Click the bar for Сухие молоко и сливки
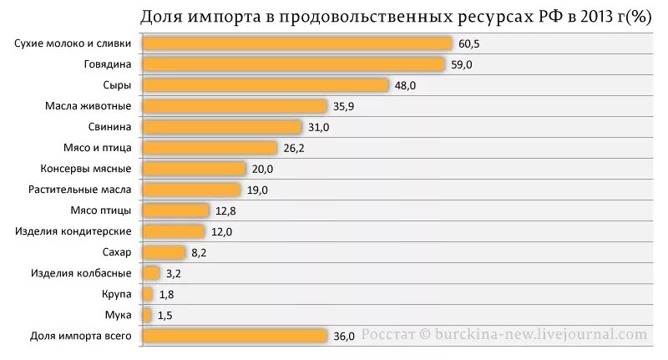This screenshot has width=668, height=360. click(296, 43)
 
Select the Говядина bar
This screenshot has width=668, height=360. click(293, 64)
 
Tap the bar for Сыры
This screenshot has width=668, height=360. click(266, 85)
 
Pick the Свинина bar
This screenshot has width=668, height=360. click(222, 127)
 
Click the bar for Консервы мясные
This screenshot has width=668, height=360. click(195, 169)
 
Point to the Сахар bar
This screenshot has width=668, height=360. click(164, 252)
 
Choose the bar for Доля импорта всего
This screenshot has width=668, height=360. click(235, 336)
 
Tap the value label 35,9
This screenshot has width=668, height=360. click(342, 106)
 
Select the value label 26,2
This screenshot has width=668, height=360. click(293, 148)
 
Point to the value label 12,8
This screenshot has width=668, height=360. click(225, 210)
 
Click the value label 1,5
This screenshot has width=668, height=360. click(166, 315)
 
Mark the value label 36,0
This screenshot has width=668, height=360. click(344, 336)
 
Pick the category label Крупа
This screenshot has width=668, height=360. click(118, 294)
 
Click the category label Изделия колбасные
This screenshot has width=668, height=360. click(81, 273)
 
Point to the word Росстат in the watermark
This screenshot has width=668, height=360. click(388, 334)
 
